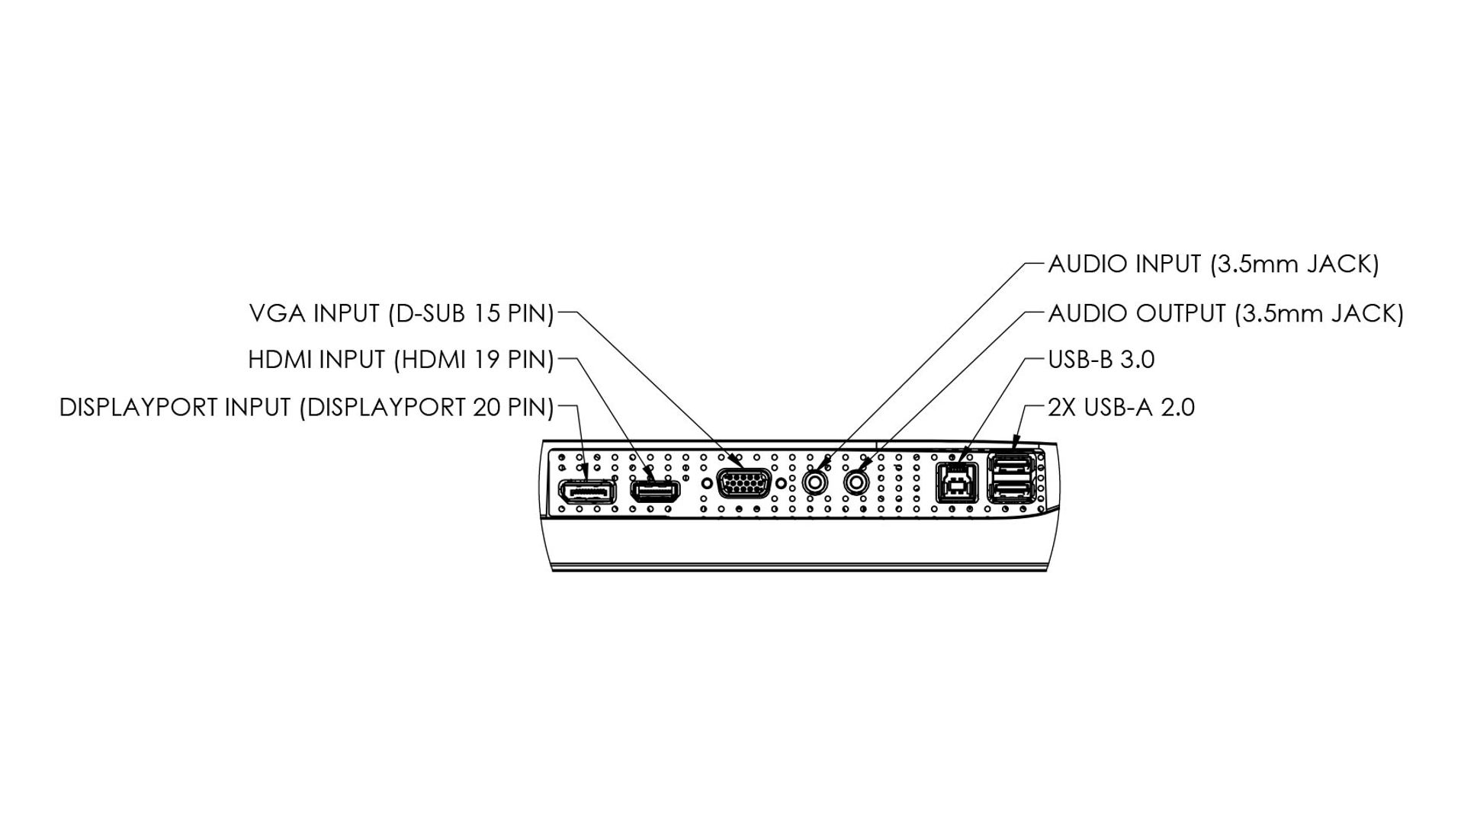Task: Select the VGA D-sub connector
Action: pyautogui.click(x=743, y=484)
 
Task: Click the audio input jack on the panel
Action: pyautogui.click(x=816, y=482)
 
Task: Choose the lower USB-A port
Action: pyautogui.click(x=1011, y=492)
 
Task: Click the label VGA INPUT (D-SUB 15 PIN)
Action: pyautogui.click(x=401, y=313)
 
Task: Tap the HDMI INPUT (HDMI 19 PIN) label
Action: pyautogui.click(x=400, y=360)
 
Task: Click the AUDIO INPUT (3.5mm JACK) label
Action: pyautogui.click(x=1213, y=264)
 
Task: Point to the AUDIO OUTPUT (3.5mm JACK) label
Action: pyautogui.click(x=1225, y=313)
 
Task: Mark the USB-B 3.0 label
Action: pyautogui.click(x=1101, y=360)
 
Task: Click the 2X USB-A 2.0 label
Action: pyautogui.click(x=1121, y=408)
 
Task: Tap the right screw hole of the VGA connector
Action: pyautogui.click(x=781, y=482)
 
